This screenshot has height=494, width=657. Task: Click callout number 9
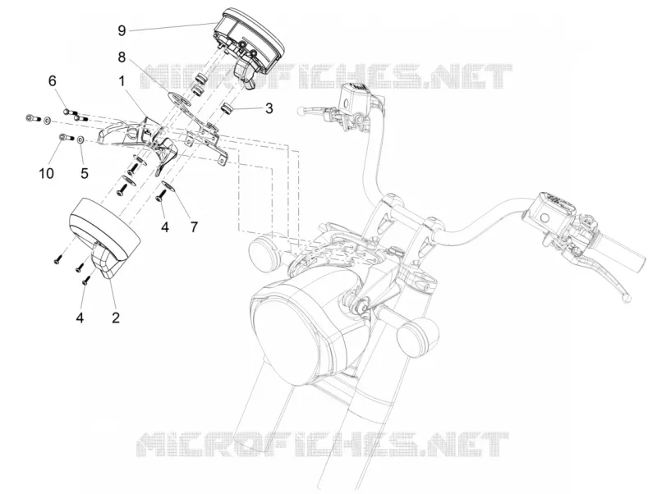[122, 30]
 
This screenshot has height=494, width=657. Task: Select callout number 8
[122, 57]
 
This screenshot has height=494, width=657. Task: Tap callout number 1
[122, 80]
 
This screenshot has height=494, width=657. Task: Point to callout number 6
[53, 80]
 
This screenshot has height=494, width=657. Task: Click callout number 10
[47, 172]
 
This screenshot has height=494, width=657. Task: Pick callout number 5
[85, 173]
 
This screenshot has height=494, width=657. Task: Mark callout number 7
[194, 227]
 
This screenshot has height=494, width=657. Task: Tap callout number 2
[116, 317]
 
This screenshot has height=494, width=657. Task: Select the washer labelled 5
[80, 139]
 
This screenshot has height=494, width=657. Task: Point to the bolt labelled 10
[67, 137]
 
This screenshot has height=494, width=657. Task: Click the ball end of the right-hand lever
[627, 297]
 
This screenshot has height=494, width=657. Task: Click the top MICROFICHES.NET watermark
[327, 76]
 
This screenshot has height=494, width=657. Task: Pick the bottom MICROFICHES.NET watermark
[323, 443]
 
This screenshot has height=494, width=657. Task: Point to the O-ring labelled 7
[168, 186]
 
